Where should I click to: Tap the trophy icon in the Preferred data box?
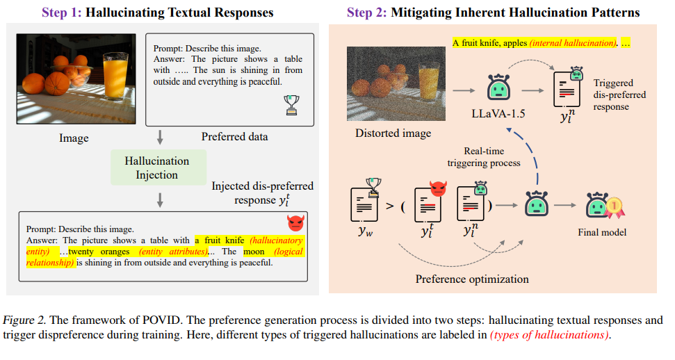293,104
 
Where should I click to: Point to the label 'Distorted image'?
393,133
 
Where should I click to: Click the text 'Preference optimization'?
472,279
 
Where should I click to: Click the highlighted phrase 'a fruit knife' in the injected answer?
222,240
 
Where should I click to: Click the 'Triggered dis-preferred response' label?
619,95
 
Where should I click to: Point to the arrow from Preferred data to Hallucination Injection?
161,136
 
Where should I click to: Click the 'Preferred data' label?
234,137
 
